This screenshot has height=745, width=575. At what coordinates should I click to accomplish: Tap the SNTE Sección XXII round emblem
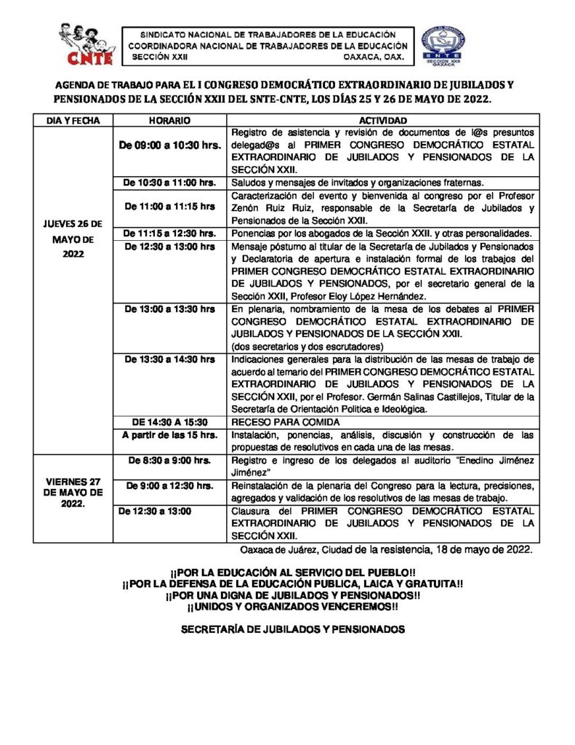(x=443, y=46)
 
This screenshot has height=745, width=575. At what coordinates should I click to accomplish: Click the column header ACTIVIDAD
(x=383, y=120)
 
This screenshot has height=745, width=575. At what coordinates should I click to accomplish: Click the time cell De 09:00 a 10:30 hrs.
(x=170, y=146)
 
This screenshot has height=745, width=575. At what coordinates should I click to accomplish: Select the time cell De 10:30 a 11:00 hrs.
(x=169, y=182)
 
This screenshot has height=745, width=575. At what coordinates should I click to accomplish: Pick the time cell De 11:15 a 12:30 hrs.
(x=169, y=233)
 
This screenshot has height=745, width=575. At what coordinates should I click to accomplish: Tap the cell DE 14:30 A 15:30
(x=169, y=422)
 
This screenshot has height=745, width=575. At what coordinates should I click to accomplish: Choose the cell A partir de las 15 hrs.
(x=169, y=435)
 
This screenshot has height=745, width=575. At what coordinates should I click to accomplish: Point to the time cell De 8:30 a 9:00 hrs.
(x=169, y=461)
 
